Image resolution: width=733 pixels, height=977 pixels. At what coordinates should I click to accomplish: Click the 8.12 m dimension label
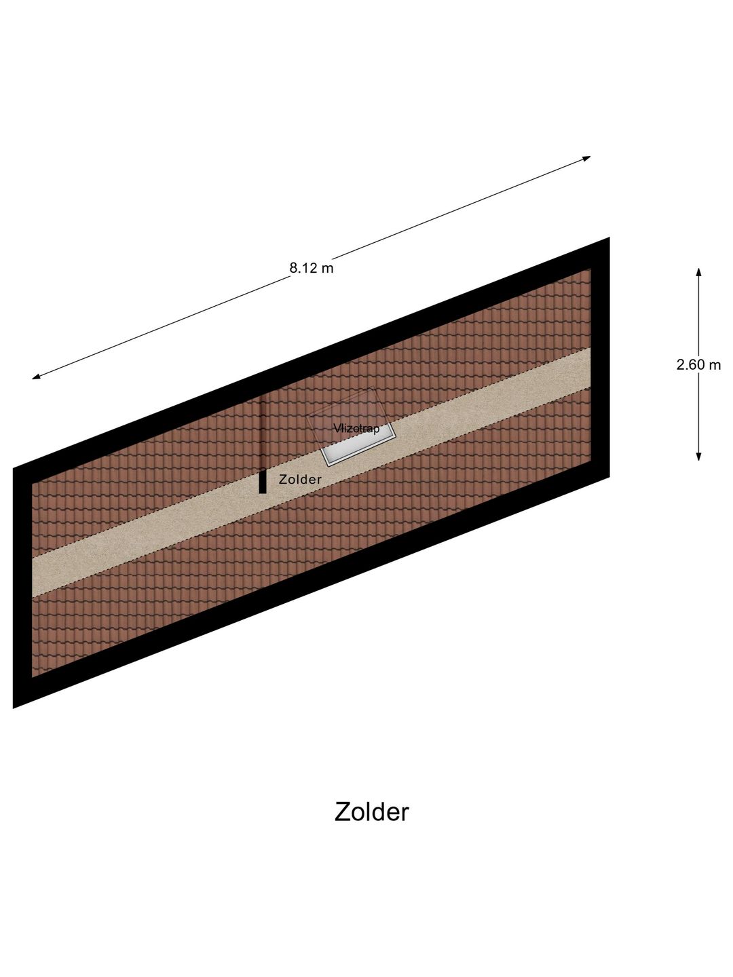311,268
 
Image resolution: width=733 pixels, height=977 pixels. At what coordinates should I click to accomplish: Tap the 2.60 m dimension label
698,364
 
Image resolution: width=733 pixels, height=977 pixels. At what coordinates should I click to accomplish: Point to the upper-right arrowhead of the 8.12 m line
586,157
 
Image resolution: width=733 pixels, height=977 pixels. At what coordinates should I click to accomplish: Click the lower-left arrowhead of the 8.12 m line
36,377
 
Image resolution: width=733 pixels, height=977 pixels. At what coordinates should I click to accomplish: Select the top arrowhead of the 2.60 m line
699,272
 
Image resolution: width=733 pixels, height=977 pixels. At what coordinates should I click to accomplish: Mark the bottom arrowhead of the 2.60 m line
699,456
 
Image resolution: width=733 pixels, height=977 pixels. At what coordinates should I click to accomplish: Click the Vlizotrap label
356,428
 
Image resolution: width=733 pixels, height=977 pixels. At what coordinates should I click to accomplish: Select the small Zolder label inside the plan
300,480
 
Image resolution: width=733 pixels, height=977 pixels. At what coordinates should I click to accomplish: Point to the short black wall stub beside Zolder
263,482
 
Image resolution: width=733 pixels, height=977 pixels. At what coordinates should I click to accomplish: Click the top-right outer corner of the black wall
609,237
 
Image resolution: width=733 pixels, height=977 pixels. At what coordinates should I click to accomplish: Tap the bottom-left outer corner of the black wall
14,708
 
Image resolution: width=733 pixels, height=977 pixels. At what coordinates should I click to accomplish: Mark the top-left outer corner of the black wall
14,468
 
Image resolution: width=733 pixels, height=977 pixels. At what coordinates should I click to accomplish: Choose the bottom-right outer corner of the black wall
609,477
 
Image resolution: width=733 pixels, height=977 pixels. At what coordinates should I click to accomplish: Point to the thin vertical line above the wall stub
263,432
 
